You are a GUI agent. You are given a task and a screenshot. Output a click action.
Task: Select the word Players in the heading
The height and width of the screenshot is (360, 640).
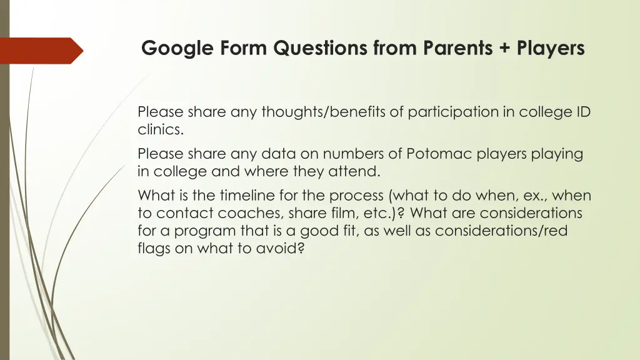pos(551,48)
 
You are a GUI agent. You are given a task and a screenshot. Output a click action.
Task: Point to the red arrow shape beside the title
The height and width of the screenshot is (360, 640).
pos(41,51)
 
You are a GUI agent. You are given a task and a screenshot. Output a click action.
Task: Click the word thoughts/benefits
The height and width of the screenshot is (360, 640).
pos(332,112)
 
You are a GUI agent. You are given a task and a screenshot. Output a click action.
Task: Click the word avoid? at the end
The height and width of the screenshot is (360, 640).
pos(282,248)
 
